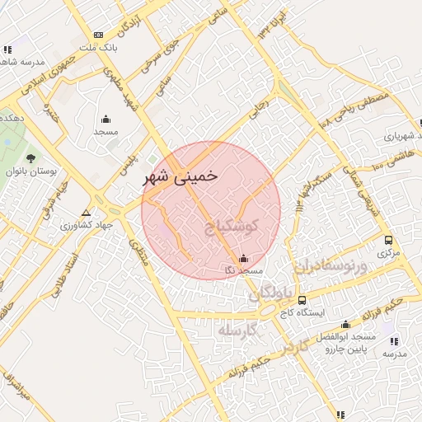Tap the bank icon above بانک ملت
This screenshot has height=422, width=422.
click(99, 35)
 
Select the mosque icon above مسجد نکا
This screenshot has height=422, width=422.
click(241, 257)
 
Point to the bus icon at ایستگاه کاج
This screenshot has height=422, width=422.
click(302, 301)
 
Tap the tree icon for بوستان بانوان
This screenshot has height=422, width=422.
click(30, 157)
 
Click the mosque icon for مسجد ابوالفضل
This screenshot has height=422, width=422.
click(345, 324)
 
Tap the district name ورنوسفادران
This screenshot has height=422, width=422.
click(327, 266)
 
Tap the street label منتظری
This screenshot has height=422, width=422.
click(136, 251)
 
